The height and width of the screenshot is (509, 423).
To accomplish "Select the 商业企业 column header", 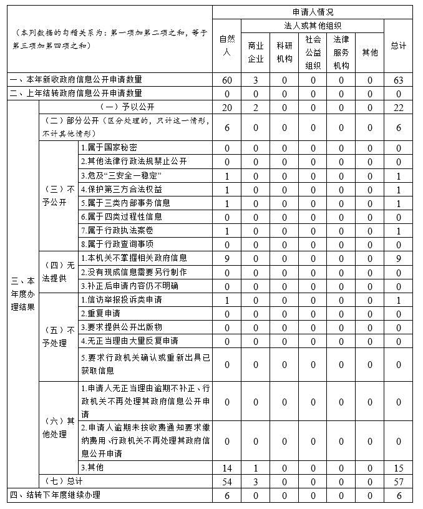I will (256, 52).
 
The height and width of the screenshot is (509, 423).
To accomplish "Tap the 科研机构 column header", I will (284, 52).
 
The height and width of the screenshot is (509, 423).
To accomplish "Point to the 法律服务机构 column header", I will (341, 52).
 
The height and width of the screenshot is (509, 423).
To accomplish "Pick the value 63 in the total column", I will (399, 80).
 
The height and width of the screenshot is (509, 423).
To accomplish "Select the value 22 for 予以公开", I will (399, 107).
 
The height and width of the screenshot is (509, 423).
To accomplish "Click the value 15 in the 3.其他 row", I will (399, 468).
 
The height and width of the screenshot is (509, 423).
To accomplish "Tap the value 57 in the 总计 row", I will (399, 482).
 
